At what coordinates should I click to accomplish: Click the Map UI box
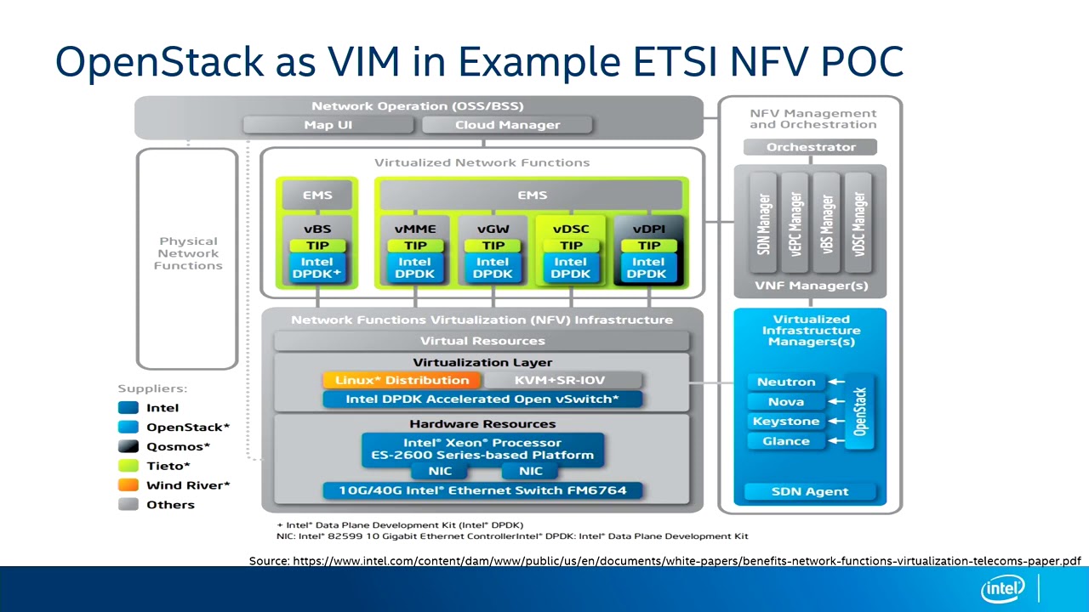click(x=328, y=125)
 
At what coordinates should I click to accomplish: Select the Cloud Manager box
click(x=507, y=125)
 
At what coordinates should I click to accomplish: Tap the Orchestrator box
click(x=811, y=147)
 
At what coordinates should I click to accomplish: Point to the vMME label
click(x=415, y=229)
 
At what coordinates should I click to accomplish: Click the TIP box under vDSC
click(x=570, y=246)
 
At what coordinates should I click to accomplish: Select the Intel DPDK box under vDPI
click(x=647, y=268)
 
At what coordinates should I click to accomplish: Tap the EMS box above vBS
click(x=317, y=195)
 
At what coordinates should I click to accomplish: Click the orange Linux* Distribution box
click(x=402, y=380)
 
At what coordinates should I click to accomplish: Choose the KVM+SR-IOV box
click(x=562, y=380)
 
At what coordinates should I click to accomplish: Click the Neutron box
click(x=786, y=382)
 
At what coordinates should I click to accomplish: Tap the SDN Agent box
click(x=810, y=491)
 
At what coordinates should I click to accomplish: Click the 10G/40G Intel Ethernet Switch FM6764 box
click(x=482, y=490)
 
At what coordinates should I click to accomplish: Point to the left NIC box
click(x=440, y=471)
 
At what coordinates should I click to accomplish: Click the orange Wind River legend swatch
click(x=128, y=485)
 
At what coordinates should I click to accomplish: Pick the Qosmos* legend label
click(x=178, y=446)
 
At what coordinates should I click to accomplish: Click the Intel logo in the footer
click(x=1003, y=589)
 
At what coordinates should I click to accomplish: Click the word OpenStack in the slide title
click(x=160, y=62)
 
